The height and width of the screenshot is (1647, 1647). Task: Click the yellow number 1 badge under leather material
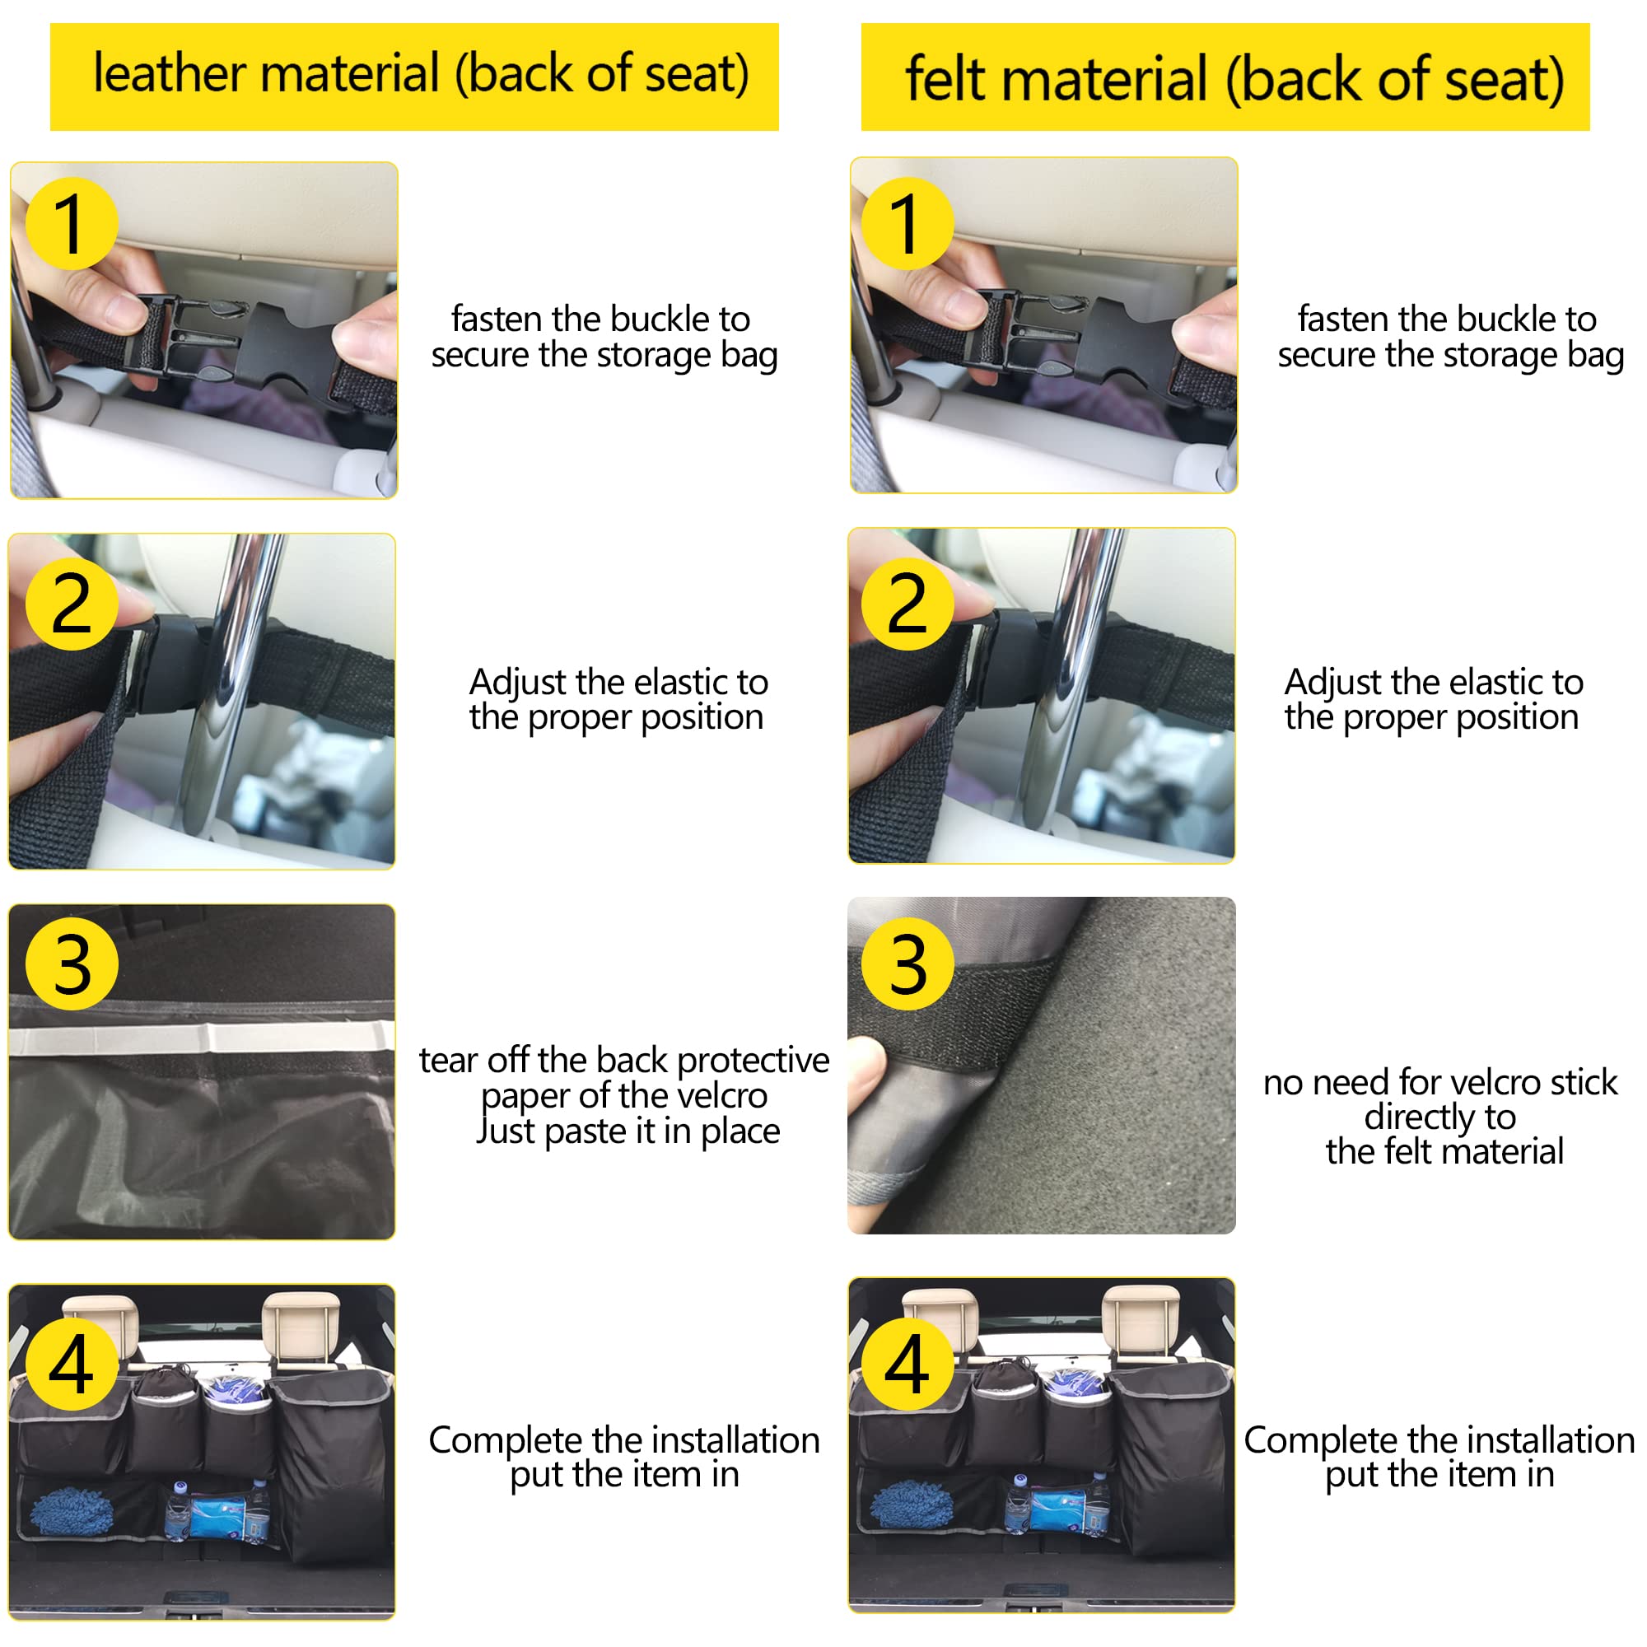[x=72, y=223]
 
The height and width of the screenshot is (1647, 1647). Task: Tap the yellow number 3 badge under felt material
[x=907, y=964]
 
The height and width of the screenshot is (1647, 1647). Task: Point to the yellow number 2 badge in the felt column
[x=907, y=604]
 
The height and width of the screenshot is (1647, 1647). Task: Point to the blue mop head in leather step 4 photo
[x=72, y=1511]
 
